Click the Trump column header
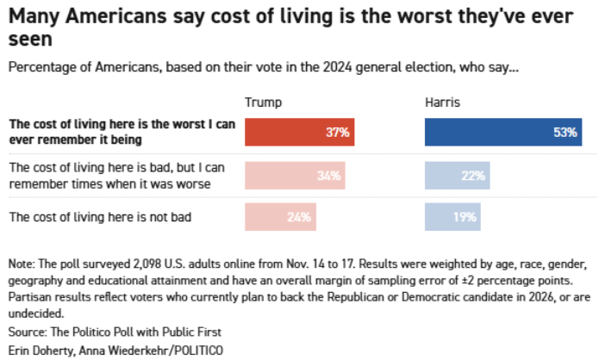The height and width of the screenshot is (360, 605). pos(263,102)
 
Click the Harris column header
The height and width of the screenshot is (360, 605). pos(442,102)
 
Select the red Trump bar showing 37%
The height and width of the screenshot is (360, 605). pos(299,132)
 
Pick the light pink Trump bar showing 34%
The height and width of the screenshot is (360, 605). pos(295,175)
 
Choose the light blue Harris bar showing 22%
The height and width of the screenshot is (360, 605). pos(458,175)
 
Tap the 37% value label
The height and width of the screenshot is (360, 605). pos(338,132)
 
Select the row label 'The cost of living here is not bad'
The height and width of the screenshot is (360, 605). pos(100,217)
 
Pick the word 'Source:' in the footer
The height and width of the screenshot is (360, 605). pos(28,331)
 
